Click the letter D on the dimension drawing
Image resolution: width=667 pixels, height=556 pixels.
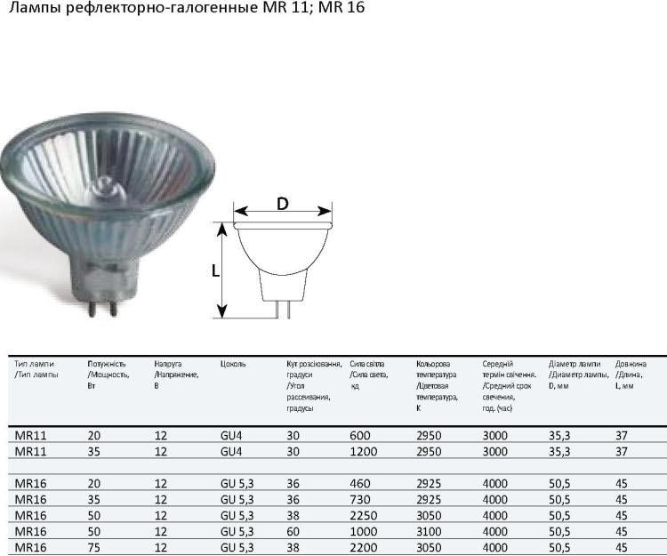[x=283, y=204]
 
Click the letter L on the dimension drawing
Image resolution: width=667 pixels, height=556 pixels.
[x=216, y=270]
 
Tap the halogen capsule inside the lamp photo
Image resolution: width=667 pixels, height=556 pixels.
[x=105, y=189]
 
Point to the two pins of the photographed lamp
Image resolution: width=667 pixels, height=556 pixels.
[x=101, y=308]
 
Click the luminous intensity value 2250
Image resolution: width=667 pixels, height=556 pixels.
[x=363, y=516]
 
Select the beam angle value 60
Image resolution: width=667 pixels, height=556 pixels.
[x=293, y=532]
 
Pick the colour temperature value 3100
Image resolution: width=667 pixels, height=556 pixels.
[x=429, y=532]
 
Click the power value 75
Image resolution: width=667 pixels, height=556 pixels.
[x=94, y=547]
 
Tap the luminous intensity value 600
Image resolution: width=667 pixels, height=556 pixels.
[x=360, y=436]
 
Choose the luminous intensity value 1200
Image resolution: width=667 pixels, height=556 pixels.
[x=363, y=451]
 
